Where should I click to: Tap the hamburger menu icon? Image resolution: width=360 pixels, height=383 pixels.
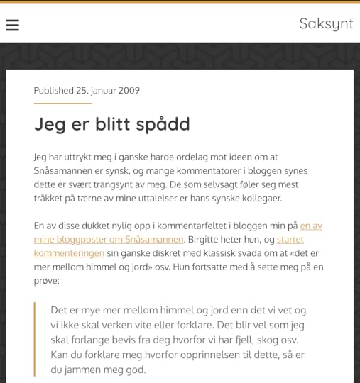[12, 25]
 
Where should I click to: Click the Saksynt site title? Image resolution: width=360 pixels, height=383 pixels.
[326, 23]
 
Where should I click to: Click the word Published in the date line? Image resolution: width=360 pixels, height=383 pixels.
[53, 91]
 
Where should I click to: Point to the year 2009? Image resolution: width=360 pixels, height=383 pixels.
[129, 91]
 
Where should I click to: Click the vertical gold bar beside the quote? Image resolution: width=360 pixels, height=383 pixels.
[35, 339]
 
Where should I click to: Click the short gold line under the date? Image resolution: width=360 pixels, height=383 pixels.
[62, 104]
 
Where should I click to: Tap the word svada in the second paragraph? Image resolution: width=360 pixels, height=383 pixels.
[233, 253]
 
